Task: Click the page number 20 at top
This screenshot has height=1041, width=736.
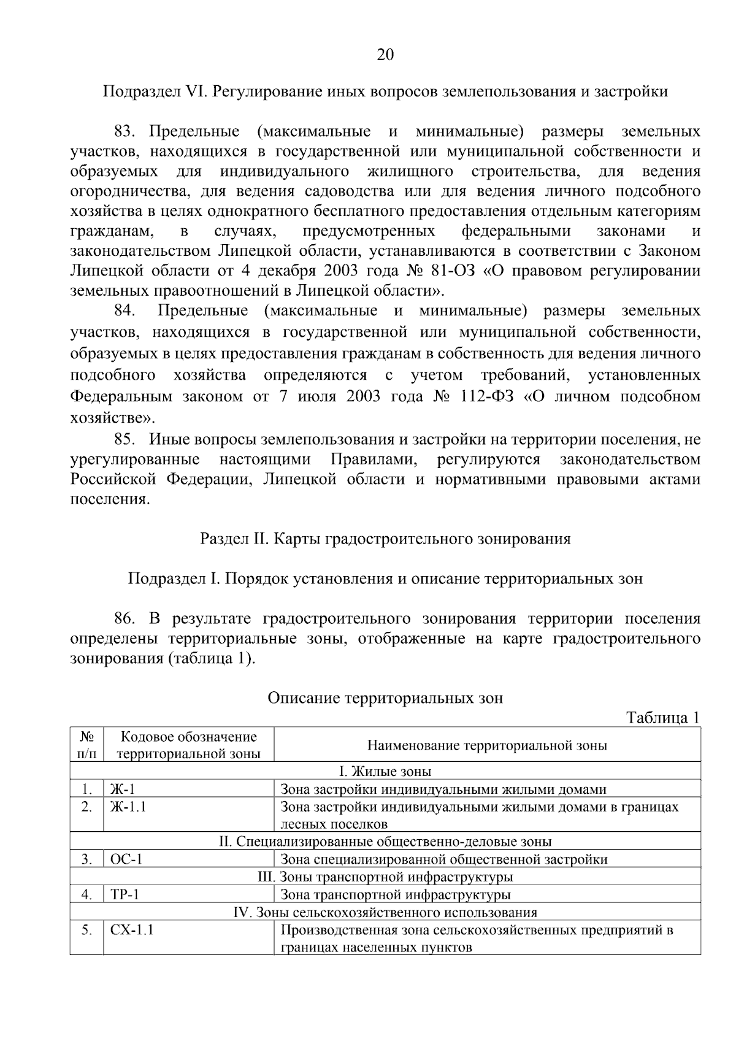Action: click(x=385, y=55)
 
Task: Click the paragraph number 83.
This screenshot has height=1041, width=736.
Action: click(x=128, y=131)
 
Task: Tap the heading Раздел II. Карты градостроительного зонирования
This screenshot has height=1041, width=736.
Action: click(x=385, y=539)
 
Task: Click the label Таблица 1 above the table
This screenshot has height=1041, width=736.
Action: click(x=662, y=718)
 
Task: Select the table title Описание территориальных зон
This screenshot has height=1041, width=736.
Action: click(x=385, y=697)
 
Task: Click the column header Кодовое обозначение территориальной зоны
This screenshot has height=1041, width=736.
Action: click(x=188, y=745)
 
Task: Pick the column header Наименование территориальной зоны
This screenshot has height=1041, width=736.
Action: click(x=487, y=745)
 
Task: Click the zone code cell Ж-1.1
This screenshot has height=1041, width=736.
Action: click(x=128, y=807)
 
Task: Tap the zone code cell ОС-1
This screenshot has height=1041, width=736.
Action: click(x=126, y=859)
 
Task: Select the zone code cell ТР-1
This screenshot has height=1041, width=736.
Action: click(x=125, y=894)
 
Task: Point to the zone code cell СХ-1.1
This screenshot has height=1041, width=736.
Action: click(x=132, y=930)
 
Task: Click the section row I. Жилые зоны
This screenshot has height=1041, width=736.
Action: click(x=385, y=771)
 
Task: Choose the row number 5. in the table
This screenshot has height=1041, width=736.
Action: click(x=86, y=930)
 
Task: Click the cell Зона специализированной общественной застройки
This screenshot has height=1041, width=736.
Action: click(x=444, y=859)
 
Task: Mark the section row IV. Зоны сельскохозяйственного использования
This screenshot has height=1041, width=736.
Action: click(x=385, y=912)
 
